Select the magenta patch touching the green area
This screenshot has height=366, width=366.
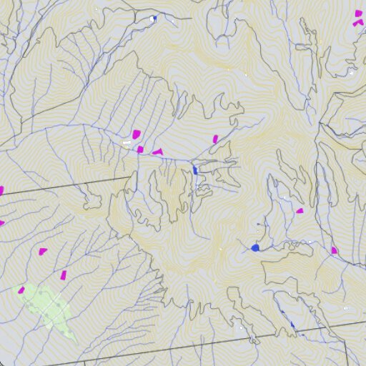tap(21, 290)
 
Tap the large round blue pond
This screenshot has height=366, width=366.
tap(255, 247)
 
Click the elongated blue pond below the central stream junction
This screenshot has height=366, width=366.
tap(195, 170)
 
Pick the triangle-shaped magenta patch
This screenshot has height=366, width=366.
tap(157, 152)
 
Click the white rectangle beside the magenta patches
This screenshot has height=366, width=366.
tap(127, 143)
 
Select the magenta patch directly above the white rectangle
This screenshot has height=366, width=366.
tap(136, 134)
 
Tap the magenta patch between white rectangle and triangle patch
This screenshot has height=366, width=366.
tap(141, 149)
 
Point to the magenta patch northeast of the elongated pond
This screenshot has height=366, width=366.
tap(215, 139)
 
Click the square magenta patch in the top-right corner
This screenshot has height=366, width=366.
tap(359, 13)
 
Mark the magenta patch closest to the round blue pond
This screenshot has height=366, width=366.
tap(300, 211)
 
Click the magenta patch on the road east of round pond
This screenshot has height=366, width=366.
tap(334, 250)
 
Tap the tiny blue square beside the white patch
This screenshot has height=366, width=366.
tap(154, 19)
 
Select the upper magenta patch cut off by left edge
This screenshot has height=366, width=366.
tap(1, 191)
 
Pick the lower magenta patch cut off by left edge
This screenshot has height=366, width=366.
tap(1, 223)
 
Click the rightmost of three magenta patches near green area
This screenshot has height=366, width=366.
tap(64, 274)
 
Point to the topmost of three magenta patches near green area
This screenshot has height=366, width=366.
tap(43, 251)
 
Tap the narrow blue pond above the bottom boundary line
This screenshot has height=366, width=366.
tap(292, 325)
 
